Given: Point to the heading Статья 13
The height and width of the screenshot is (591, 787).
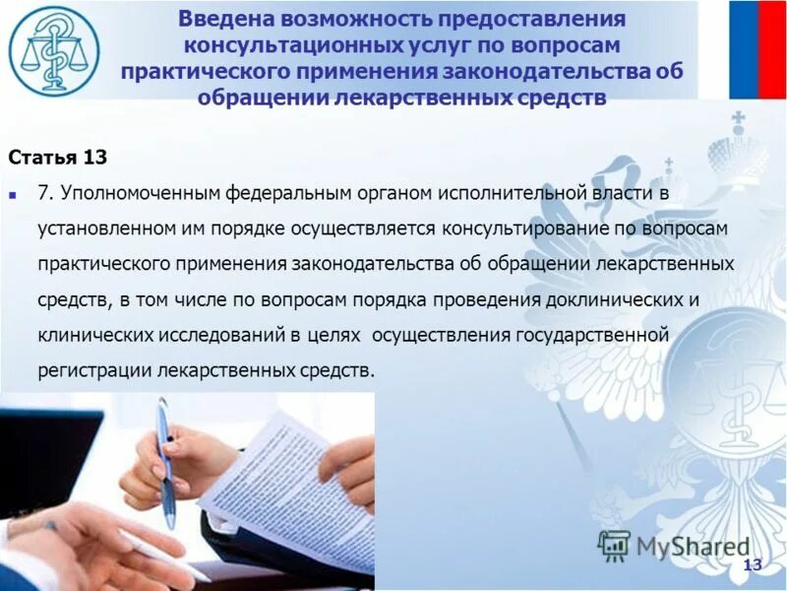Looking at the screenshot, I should point(57,158).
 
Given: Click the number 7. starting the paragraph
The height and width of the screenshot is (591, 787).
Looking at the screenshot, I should point(45,193).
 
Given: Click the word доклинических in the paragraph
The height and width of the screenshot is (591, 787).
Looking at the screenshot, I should point(613,299).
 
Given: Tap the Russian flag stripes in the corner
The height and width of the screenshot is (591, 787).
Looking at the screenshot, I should point(757,49).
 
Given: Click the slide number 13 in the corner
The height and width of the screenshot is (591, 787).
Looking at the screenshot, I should point(753,564).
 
